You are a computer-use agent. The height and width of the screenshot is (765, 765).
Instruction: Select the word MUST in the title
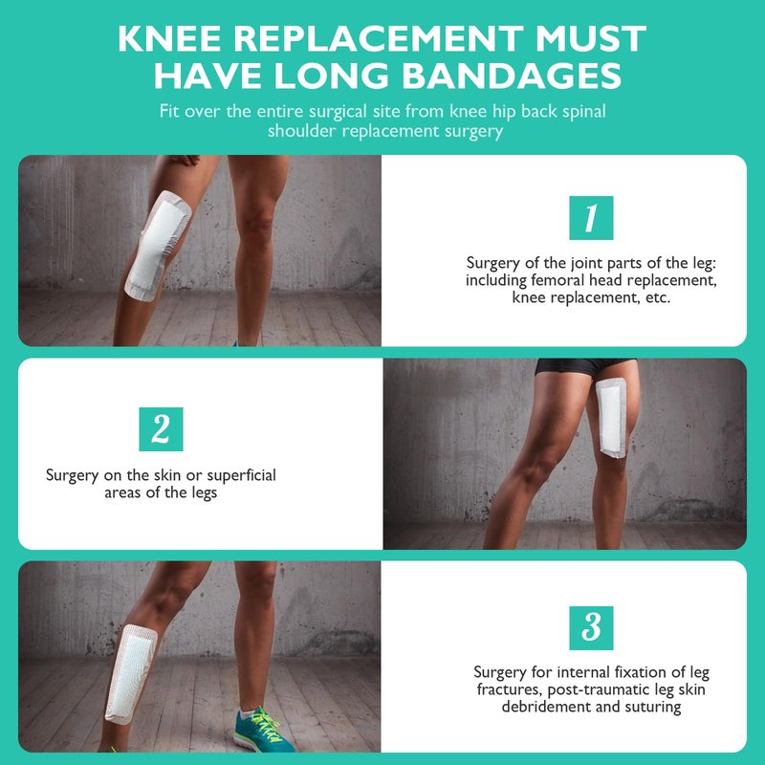591,38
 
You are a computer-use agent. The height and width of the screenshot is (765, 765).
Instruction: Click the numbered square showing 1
591,218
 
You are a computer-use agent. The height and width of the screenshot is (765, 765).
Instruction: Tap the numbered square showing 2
161,429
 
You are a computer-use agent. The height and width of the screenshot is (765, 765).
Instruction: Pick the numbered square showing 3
591,628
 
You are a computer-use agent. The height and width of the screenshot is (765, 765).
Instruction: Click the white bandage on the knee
158,245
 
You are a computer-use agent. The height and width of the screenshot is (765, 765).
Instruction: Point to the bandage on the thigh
611,418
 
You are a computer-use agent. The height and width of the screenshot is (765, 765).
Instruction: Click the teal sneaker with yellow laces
262,730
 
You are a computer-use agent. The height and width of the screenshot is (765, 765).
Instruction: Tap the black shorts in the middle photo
585,367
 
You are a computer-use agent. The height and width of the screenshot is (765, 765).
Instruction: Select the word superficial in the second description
242,475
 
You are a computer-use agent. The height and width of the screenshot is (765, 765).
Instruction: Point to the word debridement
546,707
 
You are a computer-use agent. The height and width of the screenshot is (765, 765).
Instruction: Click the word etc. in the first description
658,297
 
